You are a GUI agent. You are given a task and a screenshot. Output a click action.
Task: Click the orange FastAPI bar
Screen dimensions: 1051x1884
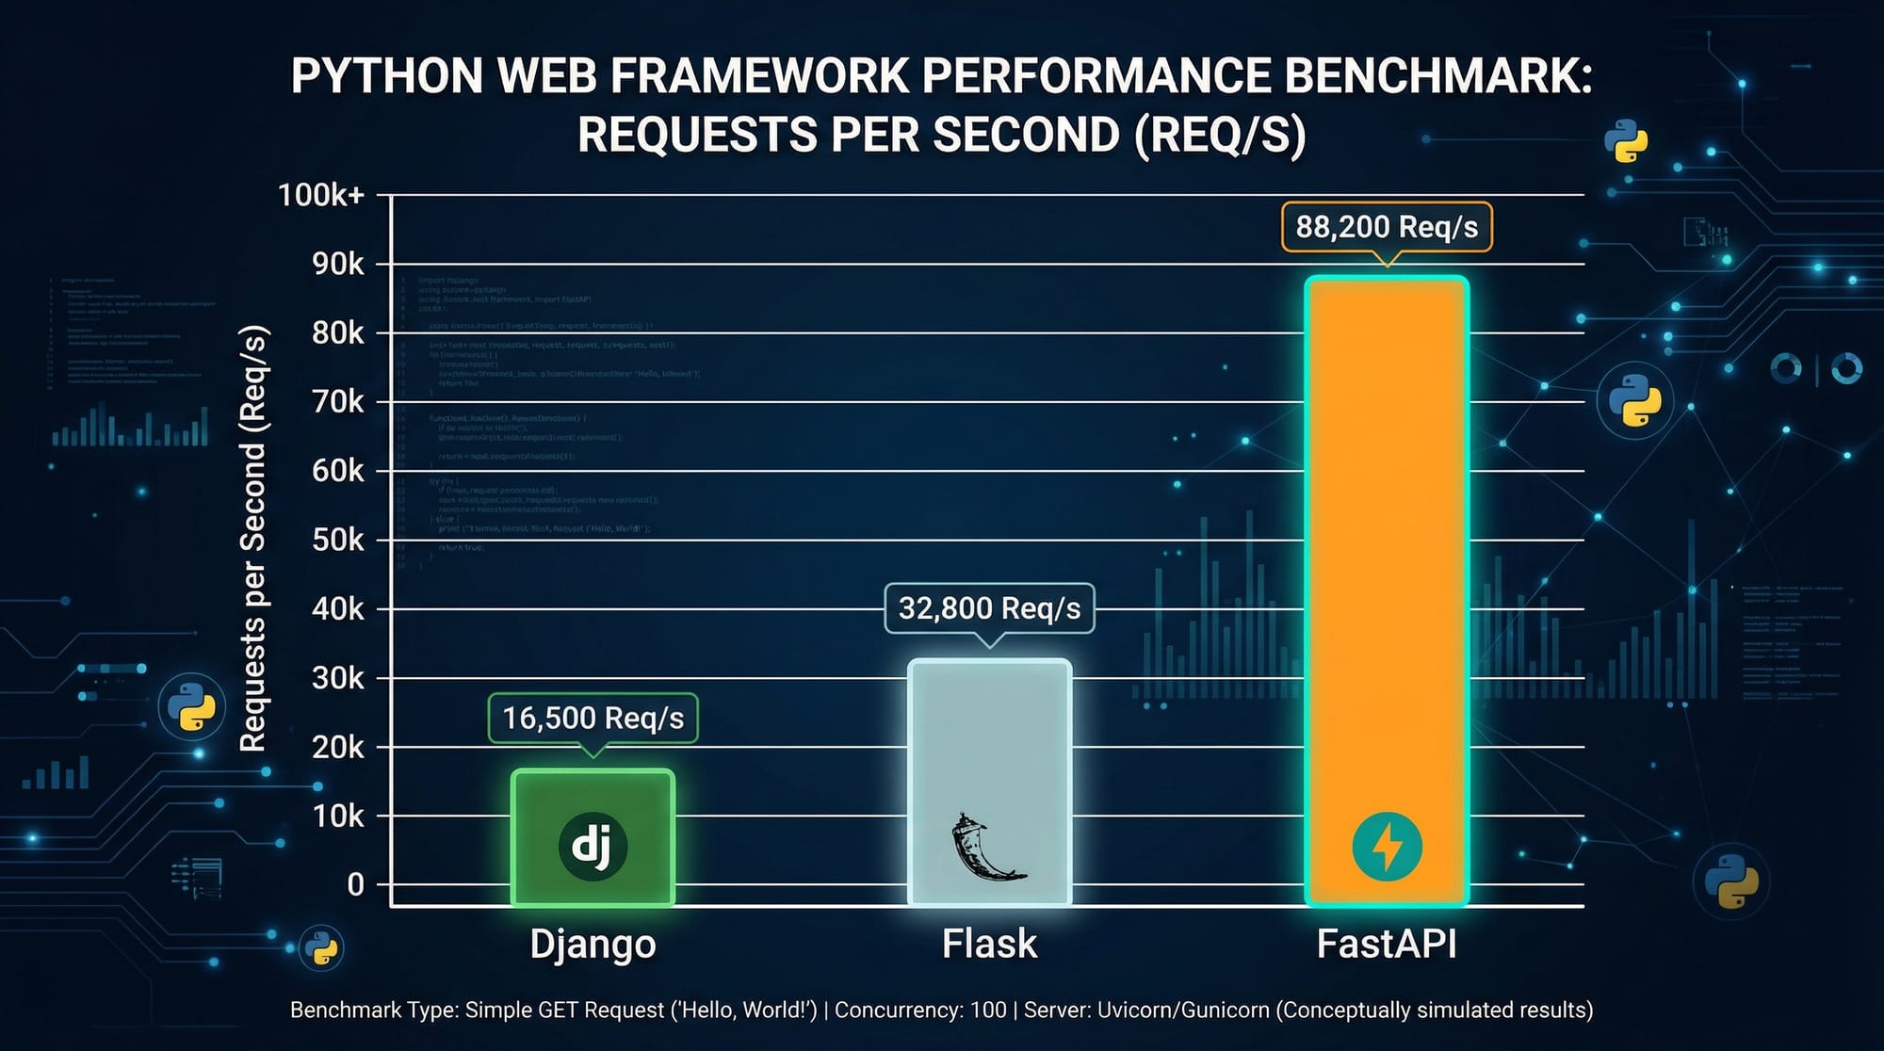pos(1387,565)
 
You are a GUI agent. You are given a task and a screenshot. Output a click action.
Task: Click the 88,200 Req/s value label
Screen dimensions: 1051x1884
pos(1387,227)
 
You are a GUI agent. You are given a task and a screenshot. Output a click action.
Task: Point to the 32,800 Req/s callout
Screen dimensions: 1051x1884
pos(989,608)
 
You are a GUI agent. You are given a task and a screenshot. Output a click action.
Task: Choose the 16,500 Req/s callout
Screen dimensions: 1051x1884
pos(593,719)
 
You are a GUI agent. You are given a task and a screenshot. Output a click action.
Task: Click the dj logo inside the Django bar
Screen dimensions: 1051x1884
pos(593,846)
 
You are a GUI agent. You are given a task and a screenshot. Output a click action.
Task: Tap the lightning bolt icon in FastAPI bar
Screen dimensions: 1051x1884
pos(1387,847)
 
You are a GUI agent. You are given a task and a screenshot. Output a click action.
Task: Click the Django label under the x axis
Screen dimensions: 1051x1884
pos(593,944)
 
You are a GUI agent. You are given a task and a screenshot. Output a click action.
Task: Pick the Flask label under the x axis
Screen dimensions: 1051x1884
pos(989,944)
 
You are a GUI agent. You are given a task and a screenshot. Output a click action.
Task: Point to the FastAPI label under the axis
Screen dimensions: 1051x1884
pos(1387,944)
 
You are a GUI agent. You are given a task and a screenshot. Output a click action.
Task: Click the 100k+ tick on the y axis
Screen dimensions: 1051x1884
pos(320,195)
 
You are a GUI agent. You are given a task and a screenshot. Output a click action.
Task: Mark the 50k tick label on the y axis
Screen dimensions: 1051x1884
pos(337,540)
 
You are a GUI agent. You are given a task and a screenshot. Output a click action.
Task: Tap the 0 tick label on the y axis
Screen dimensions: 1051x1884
pos(355,884)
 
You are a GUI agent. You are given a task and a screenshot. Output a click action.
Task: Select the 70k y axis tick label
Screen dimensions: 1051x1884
pos(337,402)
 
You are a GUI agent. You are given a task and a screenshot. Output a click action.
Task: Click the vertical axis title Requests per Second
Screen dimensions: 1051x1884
pos(253,539)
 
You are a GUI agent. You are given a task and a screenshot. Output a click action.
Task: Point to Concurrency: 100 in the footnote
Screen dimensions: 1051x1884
pos(920,1011)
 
